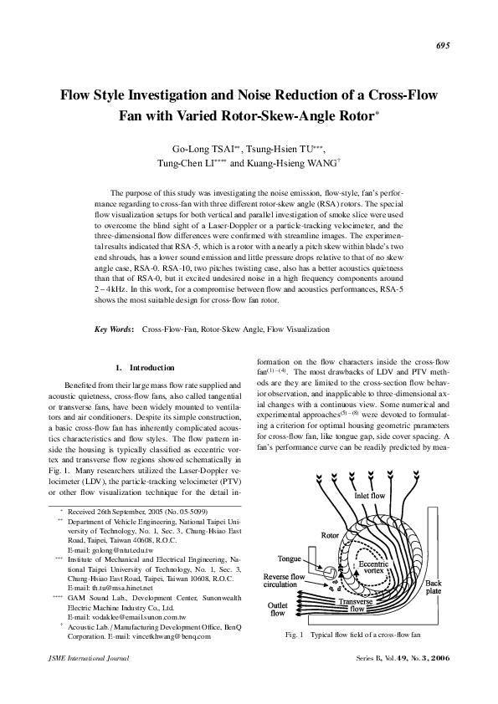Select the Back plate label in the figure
point(434,589)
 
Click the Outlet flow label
point(277,609)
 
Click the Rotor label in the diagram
point(331,534)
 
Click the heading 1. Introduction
point(145,368)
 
